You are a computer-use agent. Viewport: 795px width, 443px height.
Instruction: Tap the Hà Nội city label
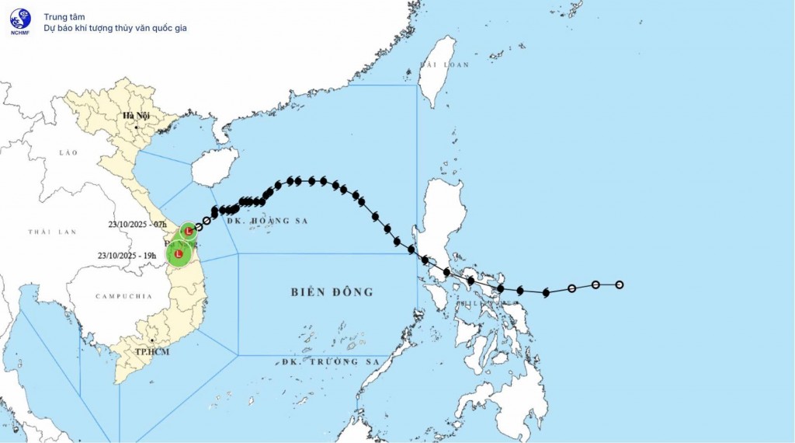[x=136, y=117]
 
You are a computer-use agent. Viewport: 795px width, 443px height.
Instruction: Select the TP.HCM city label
[x=153, y=351]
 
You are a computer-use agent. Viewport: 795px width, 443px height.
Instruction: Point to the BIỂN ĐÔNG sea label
[x=332, y=292]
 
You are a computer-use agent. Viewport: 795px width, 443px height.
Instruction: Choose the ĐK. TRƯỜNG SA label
[x=331, y=362]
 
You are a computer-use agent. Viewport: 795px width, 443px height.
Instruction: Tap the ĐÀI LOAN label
[x=444, y=65]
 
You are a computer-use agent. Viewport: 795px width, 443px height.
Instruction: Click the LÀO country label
[x=68, y=153]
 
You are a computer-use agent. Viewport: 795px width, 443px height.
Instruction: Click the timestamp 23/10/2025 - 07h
[x=138, y=225]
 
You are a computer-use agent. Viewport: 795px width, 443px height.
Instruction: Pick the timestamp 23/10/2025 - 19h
[x=127, y=255]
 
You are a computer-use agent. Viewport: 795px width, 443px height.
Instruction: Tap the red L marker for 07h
[x=189, y=231]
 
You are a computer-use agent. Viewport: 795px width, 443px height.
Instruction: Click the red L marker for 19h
[x=179, y=254]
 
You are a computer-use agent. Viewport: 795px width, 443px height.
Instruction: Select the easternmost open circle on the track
[x=620, y=284]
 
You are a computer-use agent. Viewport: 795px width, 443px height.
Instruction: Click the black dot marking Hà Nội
[x=136, y=126]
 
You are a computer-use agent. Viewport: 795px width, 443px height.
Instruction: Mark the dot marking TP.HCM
[x=153, y=340]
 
